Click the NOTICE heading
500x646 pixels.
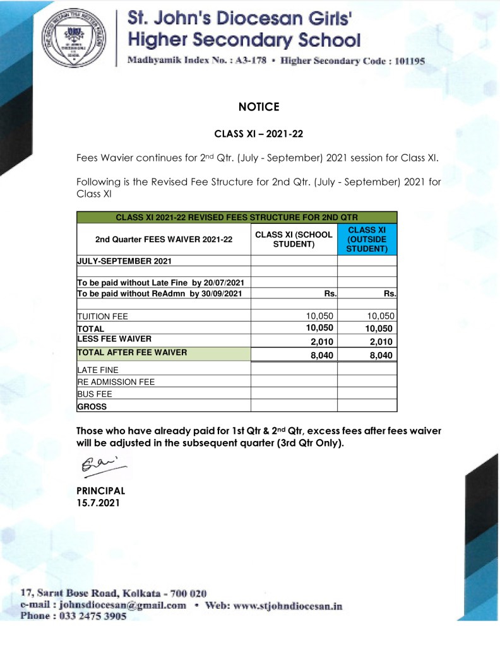point(259,107)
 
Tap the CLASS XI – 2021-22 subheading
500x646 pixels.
point(259,134)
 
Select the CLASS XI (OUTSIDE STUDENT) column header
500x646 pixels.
point(367,240)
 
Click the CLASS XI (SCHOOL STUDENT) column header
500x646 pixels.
point(294,239)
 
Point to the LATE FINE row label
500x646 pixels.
point(97,370)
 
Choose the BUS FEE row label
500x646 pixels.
point(94,394)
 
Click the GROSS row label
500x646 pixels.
point(92,406)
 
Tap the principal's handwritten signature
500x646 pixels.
point(100,467)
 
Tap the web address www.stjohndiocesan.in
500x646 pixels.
point(287,606)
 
